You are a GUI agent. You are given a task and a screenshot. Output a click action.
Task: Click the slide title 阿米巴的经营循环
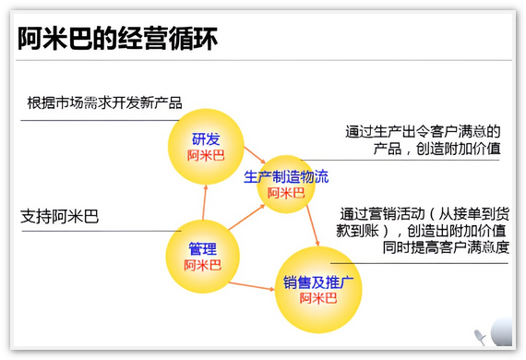click(118, 39)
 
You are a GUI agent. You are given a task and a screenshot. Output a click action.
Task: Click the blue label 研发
click(206, 138)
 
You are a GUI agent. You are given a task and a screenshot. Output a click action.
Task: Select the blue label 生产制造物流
click(286, 177)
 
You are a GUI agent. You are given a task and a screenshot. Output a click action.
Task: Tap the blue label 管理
click(202, 248)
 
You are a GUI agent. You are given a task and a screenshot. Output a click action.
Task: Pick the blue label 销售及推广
click(318, 282)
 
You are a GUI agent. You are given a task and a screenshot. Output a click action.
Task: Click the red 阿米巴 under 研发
click(206, 155)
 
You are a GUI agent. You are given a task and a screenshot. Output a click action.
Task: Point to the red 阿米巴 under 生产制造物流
click(286, 193)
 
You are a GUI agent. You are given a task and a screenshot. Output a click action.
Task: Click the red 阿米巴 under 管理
click(202, 265)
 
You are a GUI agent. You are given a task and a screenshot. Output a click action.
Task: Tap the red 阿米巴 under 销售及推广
click(318, 298)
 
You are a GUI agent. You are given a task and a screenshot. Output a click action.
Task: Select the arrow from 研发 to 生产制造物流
click(255, 155)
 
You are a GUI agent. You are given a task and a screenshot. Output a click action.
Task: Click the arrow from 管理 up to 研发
click(204, 202)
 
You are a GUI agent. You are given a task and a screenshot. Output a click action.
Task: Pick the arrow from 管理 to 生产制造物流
click(246, 218)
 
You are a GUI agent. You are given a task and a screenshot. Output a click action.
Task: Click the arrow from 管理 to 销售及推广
click(252, 286)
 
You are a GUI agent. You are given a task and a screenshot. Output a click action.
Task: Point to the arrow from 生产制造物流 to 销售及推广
click(313, 225)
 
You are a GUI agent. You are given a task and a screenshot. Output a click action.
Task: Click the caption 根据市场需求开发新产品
click(104, 102)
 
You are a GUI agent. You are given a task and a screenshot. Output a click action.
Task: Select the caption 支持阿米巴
click(59, 216)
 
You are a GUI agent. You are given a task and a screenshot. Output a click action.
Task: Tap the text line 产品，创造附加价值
click(436, 149)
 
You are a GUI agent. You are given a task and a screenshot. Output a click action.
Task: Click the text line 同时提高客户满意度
click(446, 247)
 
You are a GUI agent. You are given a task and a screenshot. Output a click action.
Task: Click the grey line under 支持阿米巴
click(102, 231)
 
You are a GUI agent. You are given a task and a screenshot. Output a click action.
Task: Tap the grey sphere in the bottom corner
click(502, 331)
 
